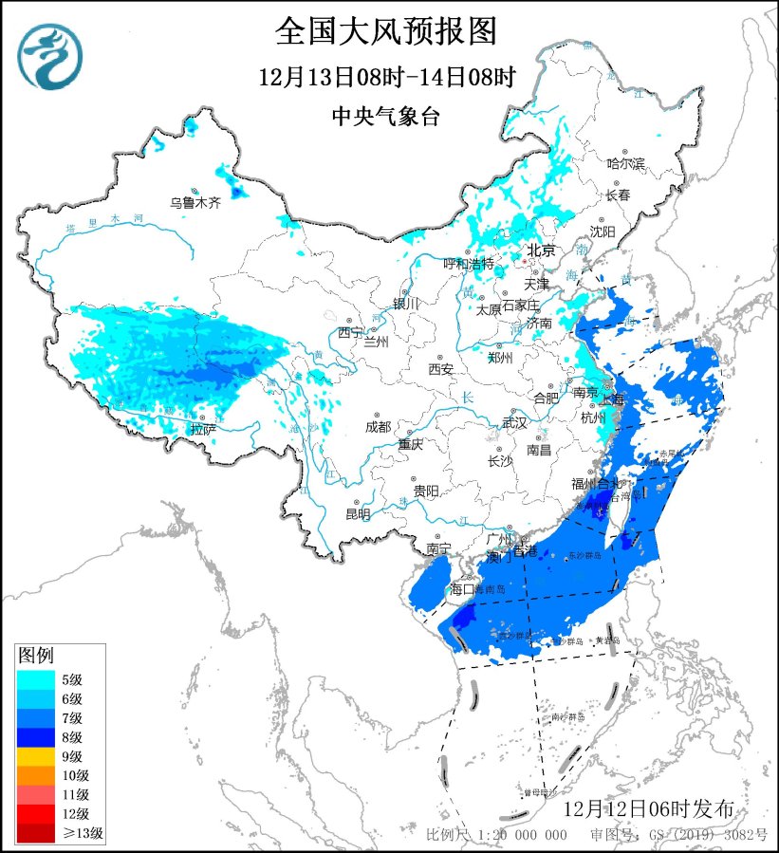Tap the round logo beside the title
[x=49, y=56]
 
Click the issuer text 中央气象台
[x=386, y=117]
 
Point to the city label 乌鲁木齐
[x=195, y=202]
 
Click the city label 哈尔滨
[x=625, y=164]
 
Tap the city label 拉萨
[x=202, y=429]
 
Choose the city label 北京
[x=540, y=251]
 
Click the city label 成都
[x=377, y=427]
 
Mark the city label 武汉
[x=514, y=422]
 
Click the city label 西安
[x=441, y=368]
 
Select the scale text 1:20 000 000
[x=523, y=834]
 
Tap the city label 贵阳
[x=426, y=491]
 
